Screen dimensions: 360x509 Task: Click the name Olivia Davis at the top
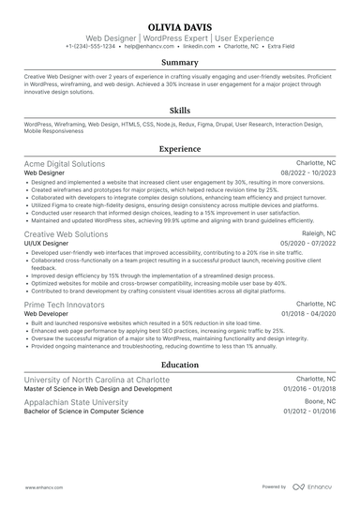180,26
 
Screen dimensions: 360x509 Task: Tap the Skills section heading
180,109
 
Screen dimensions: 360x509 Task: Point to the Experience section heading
180,148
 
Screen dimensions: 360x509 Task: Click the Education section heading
180,365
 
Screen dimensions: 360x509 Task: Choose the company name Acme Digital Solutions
65,163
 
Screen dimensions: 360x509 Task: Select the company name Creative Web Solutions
66,233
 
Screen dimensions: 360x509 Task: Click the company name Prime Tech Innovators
62,304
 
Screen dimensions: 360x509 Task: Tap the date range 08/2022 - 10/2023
307,173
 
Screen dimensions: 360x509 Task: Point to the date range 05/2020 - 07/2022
307,243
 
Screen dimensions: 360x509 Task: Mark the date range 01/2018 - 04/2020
308,314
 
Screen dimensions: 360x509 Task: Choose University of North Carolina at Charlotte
97,380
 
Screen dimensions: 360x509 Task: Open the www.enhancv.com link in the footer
44,487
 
